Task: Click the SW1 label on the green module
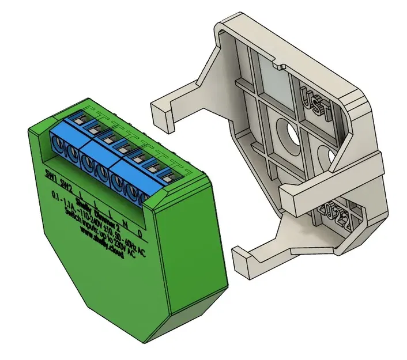[x=51, y=173]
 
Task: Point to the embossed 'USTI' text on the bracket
[x=315, y=102]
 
